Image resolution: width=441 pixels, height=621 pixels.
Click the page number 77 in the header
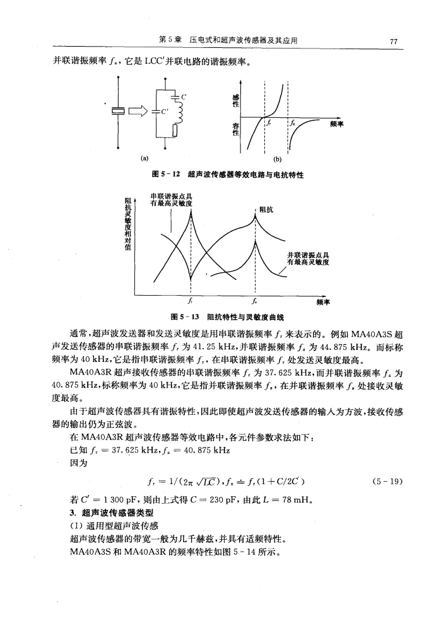(x=393, y=42)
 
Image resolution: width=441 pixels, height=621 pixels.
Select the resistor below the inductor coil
(x=174, y=131)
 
